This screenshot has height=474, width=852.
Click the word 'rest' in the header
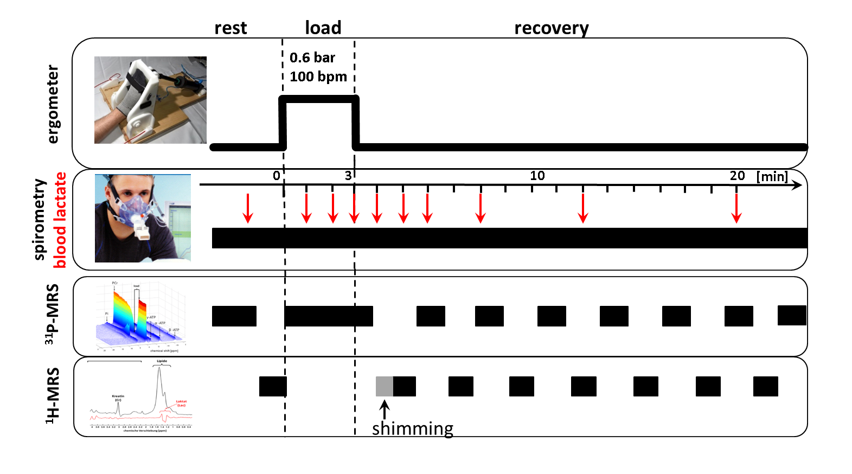[230, 28]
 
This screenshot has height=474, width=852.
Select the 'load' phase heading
[323, 28]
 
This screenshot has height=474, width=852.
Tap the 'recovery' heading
[551, 28]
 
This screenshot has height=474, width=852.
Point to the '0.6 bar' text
[312, 57]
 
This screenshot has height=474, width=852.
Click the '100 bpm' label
[318, 76]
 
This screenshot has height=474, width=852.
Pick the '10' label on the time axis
[537, 176]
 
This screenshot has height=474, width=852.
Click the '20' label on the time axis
[737, 176]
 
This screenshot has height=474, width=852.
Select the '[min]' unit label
[772, 176]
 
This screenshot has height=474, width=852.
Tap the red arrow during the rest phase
[248, 208]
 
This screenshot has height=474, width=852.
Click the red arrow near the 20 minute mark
[736, 208]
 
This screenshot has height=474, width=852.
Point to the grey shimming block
[385, 386]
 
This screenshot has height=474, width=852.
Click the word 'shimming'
[413, 428]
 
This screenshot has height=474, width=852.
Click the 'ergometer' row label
[53, 104]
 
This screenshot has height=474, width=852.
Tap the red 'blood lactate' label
[60, 220]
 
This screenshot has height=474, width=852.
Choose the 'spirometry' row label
[39, 220]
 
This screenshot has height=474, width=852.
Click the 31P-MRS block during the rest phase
[234, 316]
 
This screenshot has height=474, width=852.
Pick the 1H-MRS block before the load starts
[273, 386]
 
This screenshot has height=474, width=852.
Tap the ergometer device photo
[150, 100]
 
